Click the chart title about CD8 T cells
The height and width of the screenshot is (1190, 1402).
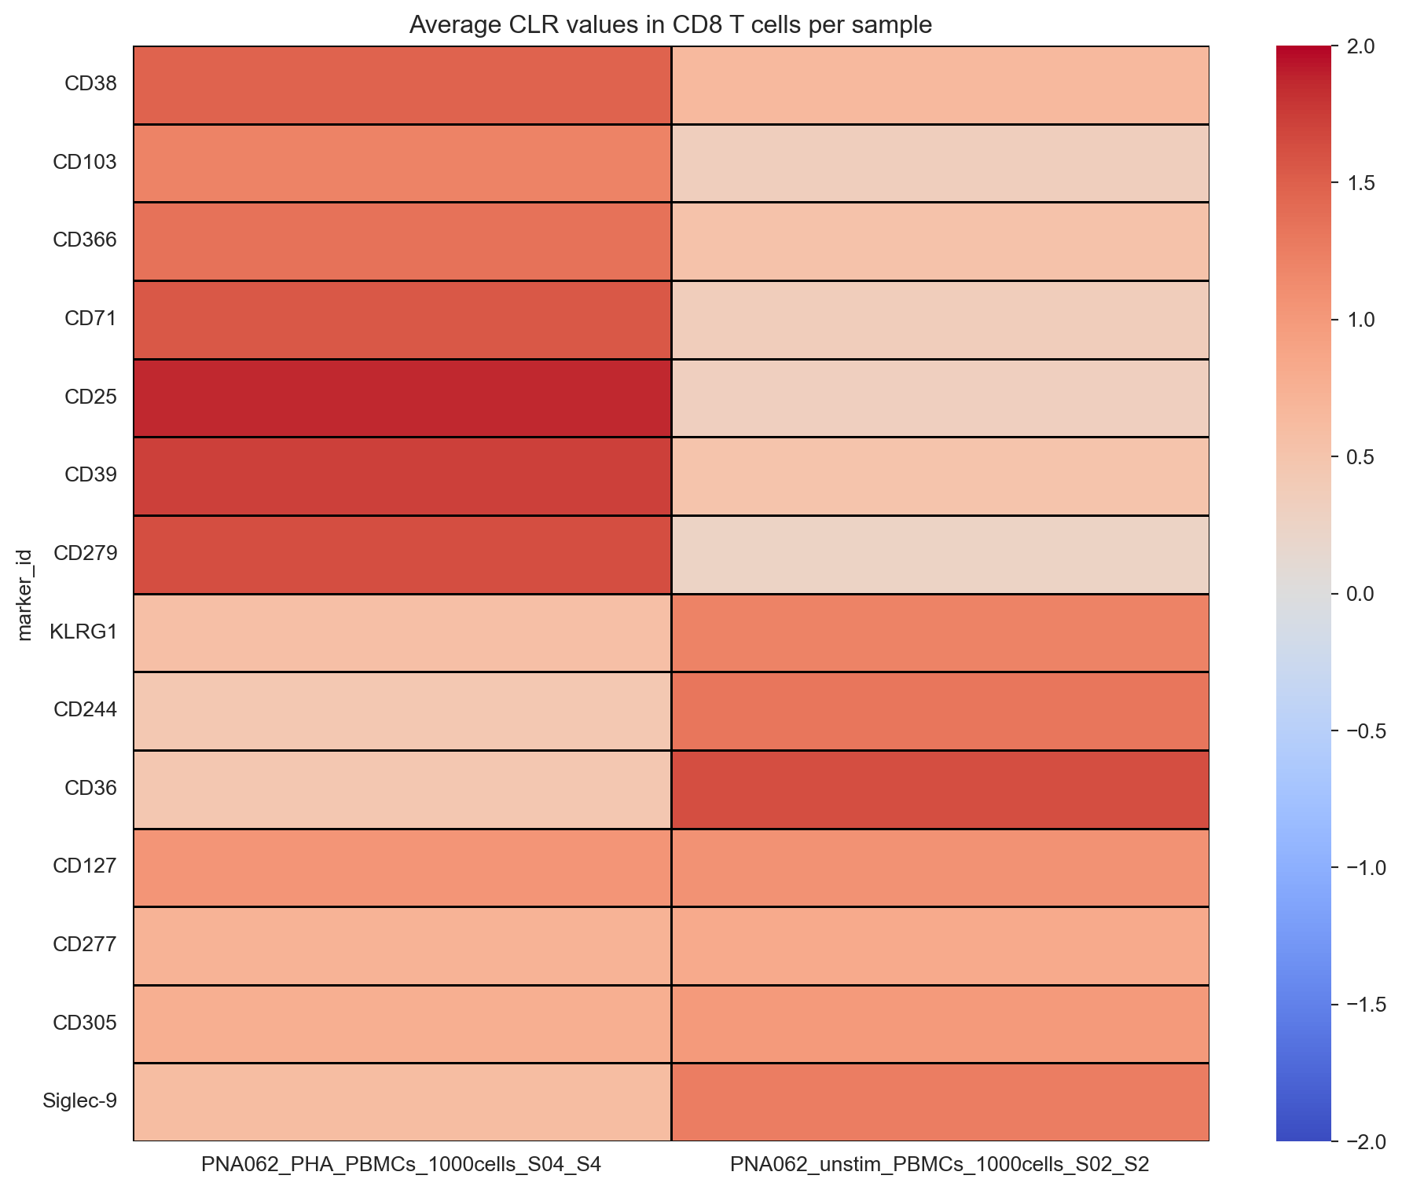point(670,25)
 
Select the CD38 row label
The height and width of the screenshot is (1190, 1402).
point(90,84)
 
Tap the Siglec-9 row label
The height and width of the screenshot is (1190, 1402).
point(80,1100)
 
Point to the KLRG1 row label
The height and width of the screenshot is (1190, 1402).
point(83,632)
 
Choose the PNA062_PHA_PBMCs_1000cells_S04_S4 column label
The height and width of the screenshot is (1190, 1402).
point(402,1164)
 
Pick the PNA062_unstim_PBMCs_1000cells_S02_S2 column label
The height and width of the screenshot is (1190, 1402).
point(940,1164)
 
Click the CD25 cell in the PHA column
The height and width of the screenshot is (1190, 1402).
point(402,397)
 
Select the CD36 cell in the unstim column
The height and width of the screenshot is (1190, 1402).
point(940,789)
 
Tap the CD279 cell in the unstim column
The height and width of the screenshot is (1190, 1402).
point(940,554)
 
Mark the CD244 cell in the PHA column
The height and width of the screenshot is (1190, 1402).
point(402,710)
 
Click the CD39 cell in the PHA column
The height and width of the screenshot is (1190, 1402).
point(402,476)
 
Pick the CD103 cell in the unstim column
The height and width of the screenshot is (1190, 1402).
point(940,163)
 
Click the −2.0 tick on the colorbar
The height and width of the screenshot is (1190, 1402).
point(1362,1141)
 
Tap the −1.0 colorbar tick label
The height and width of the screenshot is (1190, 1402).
point(1362,867)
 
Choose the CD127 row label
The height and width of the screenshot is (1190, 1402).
point(85,866)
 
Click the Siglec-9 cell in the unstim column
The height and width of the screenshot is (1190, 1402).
point(940,1101)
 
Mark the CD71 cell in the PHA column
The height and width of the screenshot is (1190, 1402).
point(402,319)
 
